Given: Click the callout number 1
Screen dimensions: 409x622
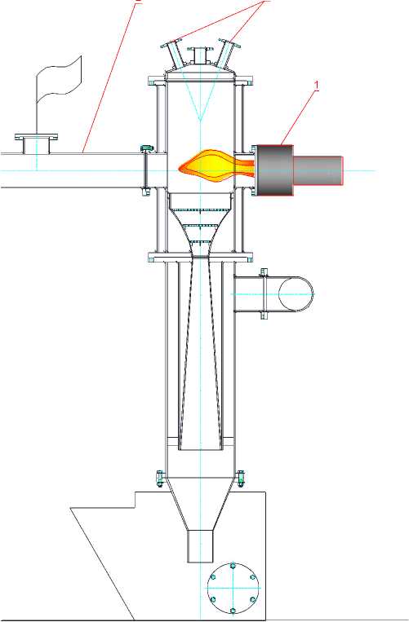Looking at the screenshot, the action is [x=317, y=86].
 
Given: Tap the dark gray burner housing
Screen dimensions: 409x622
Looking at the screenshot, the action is [x=276, y=170].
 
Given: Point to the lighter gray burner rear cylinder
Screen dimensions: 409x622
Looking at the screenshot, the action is [x=318, y=170].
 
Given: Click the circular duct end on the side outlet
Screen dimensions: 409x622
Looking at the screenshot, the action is [x=296, y=294].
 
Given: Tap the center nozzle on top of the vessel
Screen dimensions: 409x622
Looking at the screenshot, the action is [x=200, y=55].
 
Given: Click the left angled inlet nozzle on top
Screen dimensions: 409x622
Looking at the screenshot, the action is [x=174, y=53].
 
